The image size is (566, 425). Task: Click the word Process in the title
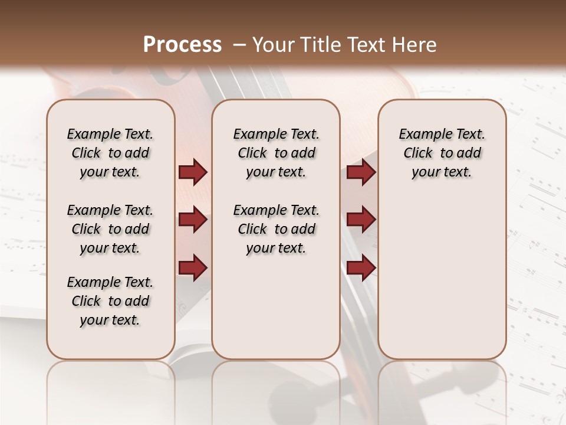(182, 45)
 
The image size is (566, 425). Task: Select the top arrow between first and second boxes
(193, 172)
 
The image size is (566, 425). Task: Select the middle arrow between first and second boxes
(193, 220)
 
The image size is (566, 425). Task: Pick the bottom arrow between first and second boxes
(193, 268)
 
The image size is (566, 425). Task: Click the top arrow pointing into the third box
(361, 172)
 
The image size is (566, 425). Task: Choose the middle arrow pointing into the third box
(361, 220)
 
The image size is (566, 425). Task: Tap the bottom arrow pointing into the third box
(361, 268)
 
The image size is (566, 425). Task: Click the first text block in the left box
(110, 153)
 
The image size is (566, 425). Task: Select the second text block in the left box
(110, 229)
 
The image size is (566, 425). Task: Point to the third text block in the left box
(110, 301)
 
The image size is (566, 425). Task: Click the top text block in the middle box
(276, 153)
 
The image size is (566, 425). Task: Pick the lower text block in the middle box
(276, 229)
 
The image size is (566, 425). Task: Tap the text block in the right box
(442, 153)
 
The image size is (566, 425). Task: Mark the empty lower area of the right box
(442, 277)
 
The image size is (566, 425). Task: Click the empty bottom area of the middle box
(276, 313)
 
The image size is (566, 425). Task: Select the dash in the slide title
(239, 45)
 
